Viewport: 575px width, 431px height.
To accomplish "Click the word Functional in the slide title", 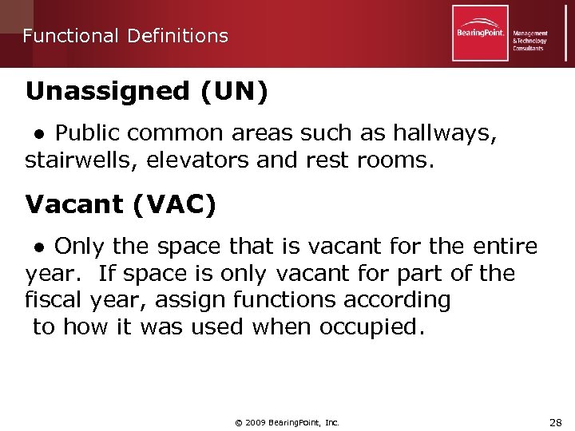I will click(x=67, y=36).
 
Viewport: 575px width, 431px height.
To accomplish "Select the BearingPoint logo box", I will click(x=480, y=34).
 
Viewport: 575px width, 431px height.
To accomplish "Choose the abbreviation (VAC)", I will click(x=175, y=205).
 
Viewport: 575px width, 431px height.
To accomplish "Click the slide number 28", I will click(x=556, y=421).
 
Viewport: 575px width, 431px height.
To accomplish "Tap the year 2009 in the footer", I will click(x=258, y=421).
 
